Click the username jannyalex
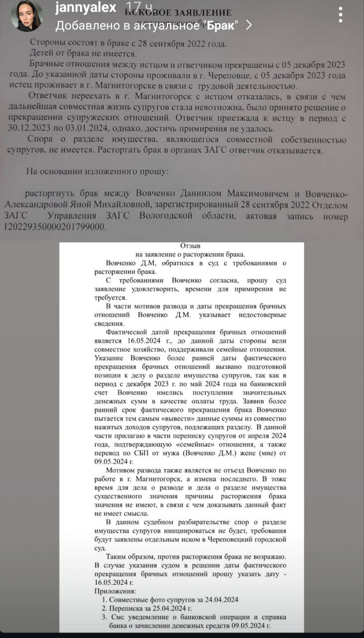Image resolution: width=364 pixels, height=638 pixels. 86,7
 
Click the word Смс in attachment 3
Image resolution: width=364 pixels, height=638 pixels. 115,617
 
